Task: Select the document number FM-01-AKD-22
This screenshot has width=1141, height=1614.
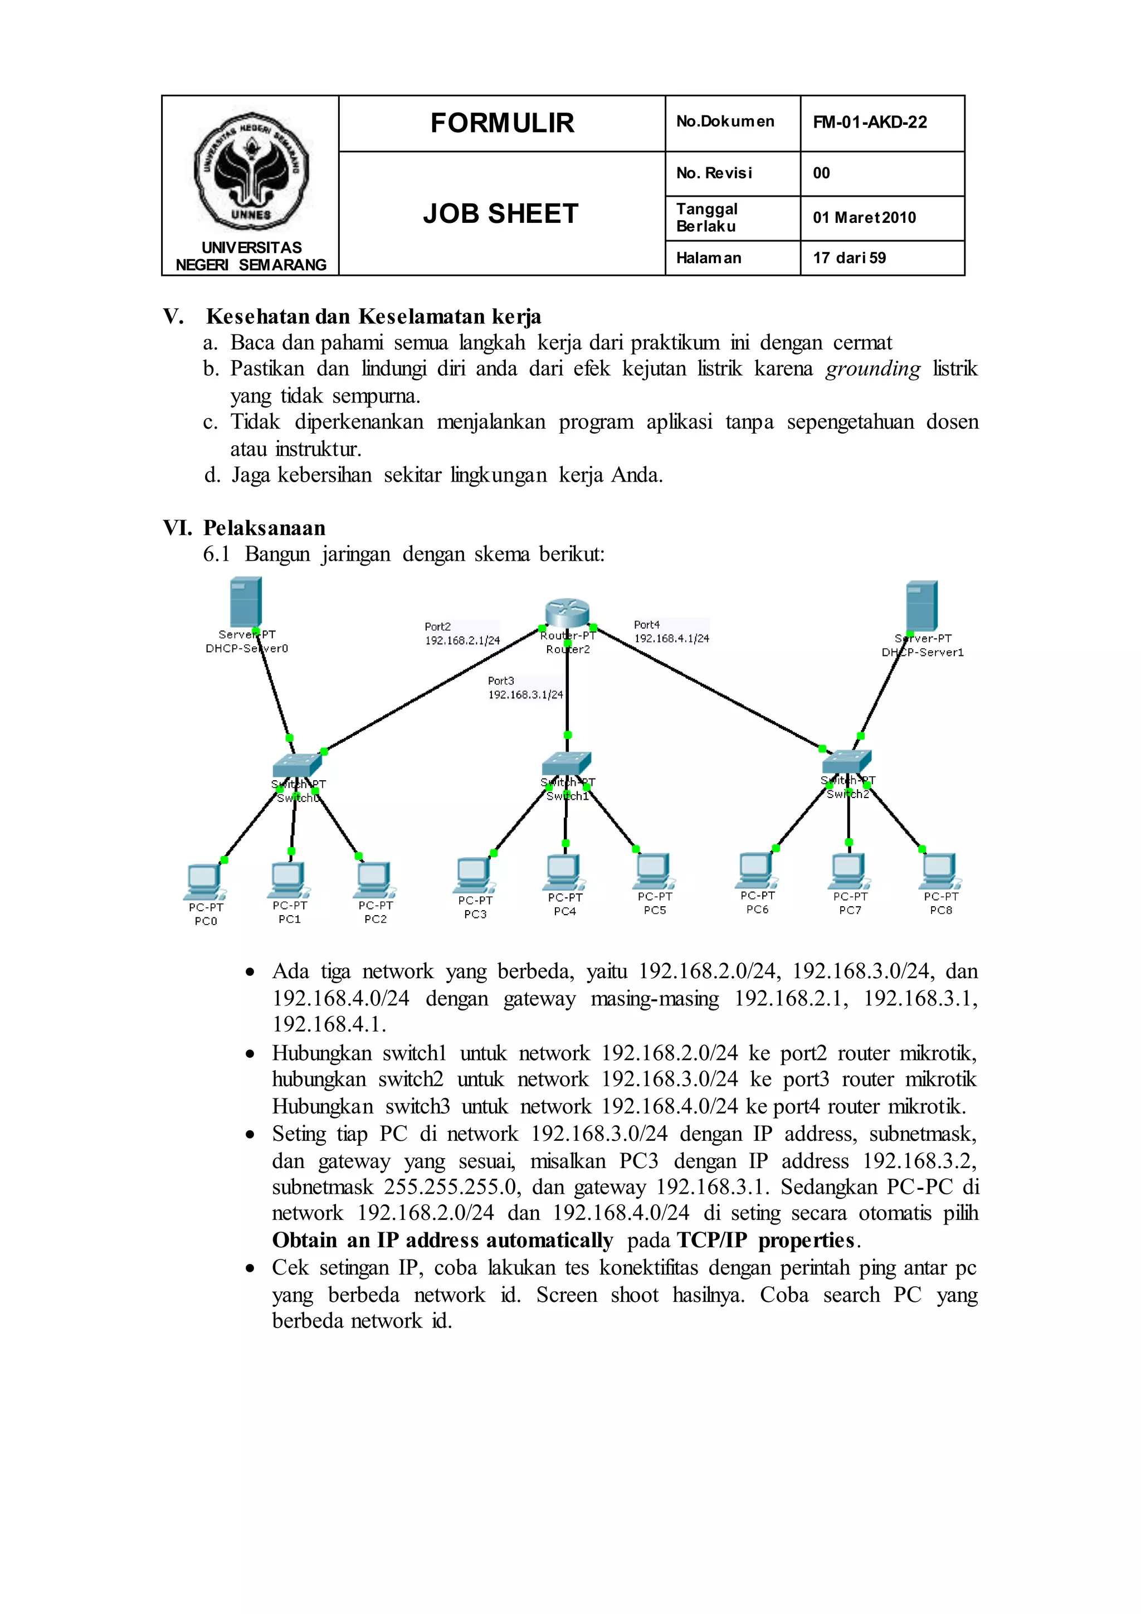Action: click(870, 122)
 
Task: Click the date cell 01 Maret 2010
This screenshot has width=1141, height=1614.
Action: click(864, 218)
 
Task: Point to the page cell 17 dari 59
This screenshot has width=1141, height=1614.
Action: click(850, 258)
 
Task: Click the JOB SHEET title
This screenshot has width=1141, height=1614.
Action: click(501, 213)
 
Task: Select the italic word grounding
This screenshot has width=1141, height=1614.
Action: click(872, 369)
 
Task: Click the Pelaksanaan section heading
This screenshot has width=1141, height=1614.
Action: click(264, 528)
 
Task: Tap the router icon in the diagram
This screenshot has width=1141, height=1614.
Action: click(567, 612)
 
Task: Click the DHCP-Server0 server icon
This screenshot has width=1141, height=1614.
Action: click(245, 602)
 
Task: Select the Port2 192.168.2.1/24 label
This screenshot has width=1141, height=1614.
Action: click(462, 633)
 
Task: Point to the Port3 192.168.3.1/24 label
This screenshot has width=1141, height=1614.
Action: click(525, 688)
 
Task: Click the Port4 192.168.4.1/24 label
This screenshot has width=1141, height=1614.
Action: click(671, 632)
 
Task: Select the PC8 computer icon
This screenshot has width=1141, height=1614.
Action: click(940, 872)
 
